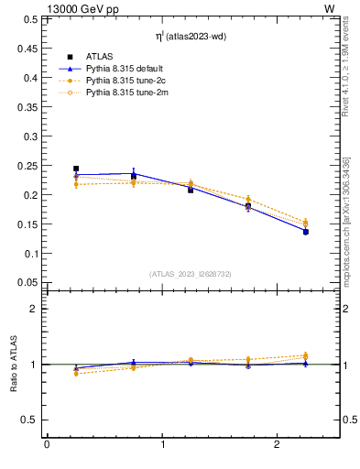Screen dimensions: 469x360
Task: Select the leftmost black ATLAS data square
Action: [x=76, y=169]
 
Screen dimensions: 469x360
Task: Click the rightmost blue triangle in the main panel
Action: [x=306, y=232]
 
